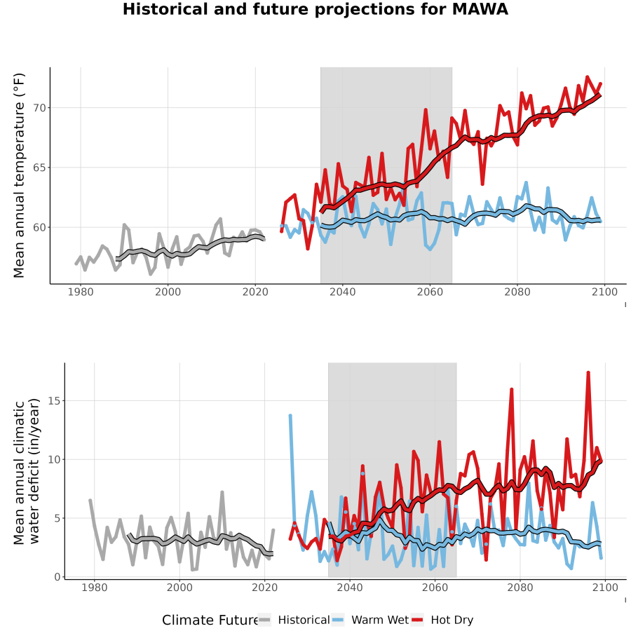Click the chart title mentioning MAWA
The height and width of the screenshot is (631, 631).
(x=315, y=10)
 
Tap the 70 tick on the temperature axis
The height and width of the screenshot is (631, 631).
(x=39, y=108)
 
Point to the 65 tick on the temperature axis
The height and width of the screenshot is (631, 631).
(x=39, y=168)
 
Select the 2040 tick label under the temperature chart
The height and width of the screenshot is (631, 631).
(x=342, y=292)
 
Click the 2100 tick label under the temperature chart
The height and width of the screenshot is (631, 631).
(x=604, y=292)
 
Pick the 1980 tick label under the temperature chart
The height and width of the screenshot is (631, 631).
(x=81, y=292)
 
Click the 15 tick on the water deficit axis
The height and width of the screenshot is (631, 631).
(x=54, y=401)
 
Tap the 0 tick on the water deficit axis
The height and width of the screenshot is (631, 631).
(x=57, y=577)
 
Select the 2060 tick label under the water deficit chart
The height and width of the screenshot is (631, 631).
(x=435, y=588)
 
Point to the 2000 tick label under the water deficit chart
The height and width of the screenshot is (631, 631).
(x=179, y=588)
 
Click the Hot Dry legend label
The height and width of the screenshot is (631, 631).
(x=452, y=620)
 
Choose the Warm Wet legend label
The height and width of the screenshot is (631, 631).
(x=380, y=620)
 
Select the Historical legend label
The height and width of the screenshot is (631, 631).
(x=304, y=620)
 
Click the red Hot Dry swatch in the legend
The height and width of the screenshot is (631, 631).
(x=417, y=620)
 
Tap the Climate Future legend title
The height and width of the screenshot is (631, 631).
(x=210, y=620)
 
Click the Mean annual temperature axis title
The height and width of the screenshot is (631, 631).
(x=19, y=175)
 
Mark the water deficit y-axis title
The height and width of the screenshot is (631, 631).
(x=27, y=471)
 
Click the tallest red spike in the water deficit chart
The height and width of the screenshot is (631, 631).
(x=588, y=373)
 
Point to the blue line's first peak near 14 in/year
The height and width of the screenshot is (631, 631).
(x=290, y=415)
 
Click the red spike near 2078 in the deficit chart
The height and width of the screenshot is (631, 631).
(x=512, y=389)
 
